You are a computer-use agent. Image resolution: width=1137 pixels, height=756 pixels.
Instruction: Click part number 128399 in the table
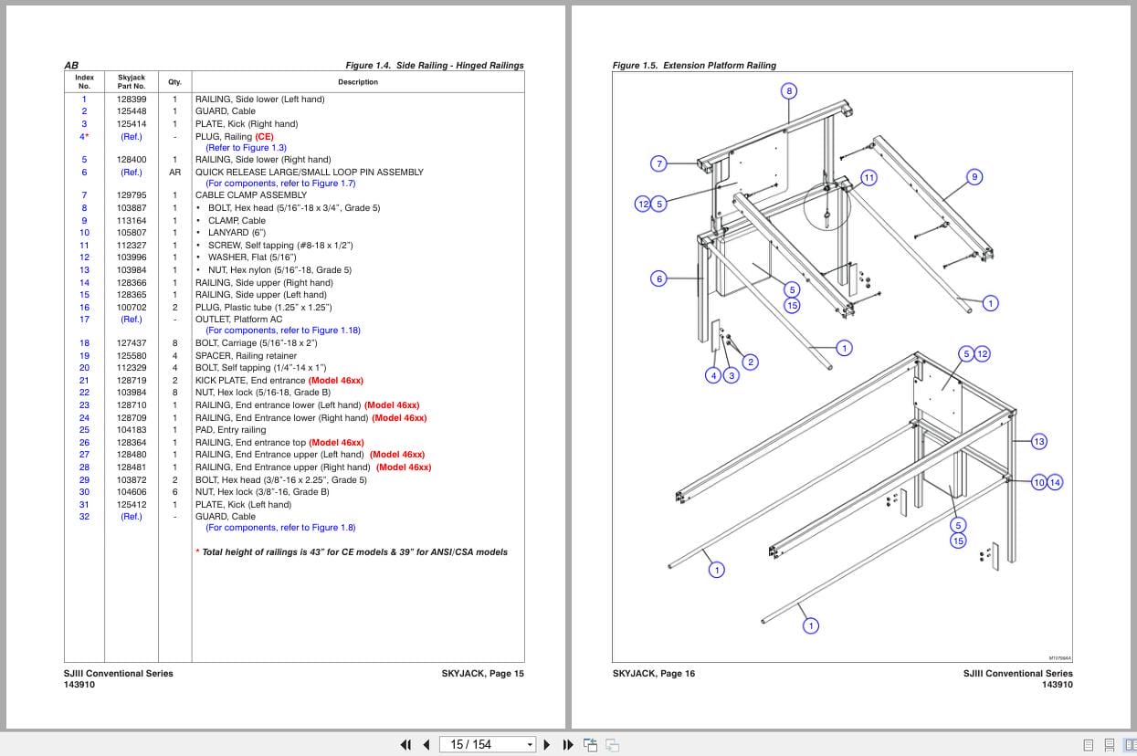point(131,99)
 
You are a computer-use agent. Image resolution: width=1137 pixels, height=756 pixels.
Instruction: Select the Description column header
point(357,82)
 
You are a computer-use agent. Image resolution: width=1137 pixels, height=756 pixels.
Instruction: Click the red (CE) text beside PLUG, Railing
point(264,136)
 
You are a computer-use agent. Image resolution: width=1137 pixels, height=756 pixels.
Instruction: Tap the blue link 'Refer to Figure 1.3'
point(246,148)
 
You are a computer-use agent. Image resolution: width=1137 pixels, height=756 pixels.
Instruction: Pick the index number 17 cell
point(84,320)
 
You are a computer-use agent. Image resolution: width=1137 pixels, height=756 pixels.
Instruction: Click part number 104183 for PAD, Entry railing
point(131,430)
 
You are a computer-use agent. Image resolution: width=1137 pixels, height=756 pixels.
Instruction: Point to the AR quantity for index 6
point(174,172)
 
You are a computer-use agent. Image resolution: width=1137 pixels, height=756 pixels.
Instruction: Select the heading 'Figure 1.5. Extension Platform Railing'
point(694,66)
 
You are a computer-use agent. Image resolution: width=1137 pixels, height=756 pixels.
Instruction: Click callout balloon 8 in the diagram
point(789,90)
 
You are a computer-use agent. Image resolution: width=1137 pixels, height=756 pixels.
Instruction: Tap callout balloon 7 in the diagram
point(658,164)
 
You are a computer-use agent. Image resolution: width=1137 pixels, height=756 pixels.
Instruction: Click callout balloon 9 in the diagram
point(974,177)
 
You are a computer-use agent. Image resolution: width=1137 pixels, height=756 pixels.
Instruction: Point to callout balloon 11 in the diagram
point(869,177)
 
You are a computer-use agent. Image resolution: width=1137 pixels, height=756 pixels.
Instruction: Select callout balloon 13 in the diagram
point(1038,442)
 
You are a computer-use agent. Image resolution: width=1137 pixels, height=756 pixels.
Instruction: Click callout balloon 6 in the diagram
point(658,278)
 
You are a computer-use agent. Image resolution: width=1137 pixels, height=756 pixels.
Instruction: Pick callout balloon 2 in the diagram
point(750,362)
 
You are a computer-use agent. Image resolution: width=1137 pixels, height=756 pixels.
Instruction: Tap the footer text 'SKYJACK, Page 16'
point(653,674)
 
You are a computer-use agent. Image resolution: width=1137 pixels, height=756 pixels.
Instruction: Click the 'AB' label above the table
point(71,66)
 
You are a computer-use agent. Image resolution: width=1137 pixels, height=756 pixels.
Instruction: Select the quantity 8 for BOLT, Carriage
point(174,343)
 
